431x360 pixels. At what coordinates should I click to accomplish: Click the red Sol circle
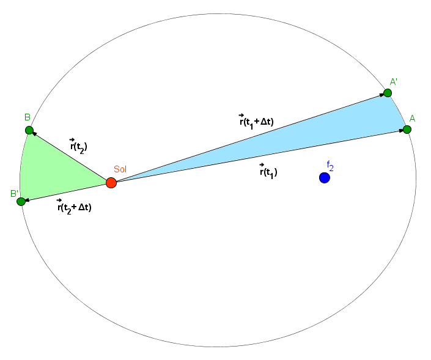tap(111, 183)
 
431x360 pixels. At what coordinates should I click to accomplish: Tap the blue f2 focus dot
tap(325, 178)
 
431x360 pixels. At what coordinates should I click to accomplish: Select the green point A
tap(407, 130)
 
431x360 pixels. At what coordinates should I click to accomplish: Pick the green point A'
tap(388, 93)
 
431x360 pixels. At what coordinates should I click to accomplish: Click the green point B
tap(29, 130)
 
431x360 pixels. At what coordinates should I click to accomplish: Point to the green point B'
tap(21, 202)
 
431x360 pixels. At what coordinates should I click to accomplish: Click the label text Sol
tap(120, 169)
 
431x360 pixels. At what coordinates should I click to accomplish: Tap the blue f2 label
tap(330, 166)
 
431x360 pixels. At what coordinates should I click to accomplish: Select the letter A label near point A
tap(412, 119)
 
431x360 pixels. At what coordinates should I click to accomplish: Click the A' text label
tap(394, 82)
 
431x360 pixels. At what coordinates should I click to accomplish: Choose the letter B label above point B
tap(28, 117)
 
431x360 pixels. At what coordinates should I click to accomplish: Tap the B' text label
tap(14, 194)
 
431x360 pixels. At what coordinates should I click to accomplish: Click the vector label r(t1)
tap(268, 172)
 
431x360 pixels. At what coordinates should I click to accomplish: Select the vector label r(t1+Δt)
tap(256, 121)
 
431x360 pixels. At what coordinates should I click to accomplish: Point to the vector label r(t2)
tap(79, 146)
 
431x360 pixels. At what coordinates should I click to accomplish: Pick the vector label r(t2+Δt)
tap(74, 207)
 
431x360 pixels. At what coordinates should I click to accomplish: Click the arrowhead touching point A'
tap(382, 95)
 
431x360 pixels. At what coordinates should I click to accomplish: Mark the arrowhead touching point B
tap(34, 134)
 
